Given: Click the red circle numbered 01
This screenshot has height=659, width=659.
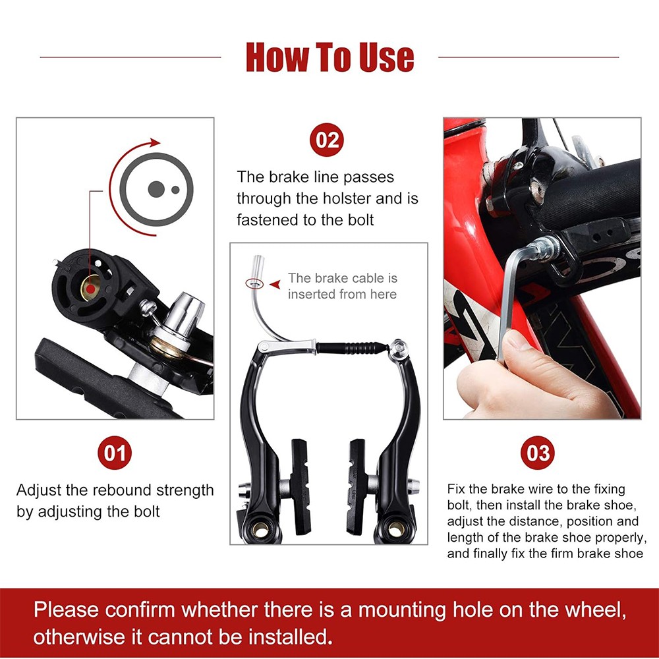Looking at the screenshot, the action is [114, 453].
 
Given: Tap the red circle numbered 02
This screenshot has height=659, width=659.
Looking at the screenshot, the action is [327, 140].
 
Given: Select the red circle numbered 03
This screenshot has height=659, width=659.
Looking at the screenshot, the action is [538, 453].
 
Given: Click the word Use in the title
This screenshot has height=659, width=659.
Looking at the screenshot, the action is [387, 57].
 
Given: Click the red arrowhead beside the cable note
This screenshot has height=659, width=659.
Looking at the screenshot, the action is [275, 285].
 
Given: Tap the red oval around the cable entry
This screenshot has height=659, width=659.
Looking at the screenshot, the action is [254, 284].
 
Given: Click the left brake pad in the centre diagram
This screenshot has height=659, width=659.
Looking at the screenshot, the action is [301, 487].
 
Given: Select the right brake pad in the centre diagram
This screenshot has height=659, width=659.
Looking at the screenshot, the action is [357, 487].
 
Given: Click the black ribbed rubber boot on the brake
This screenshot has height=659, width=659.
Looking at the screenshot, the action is [351, 348].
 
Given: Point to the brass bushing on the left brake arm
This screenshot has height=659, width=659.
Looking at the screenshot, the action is [260, 530].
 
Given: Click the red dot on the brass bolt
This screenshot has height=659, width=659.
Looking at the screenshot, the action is [90, 289].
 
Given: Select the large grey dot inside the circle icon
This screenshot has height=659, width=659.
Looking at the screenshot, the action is [156, 189].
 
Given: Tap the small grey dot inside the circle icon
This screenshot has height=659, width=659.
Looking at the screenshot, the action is [175, 190].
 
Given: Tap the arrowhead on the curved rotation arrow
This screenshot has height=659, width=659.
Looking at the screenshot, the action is [155, 143].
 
